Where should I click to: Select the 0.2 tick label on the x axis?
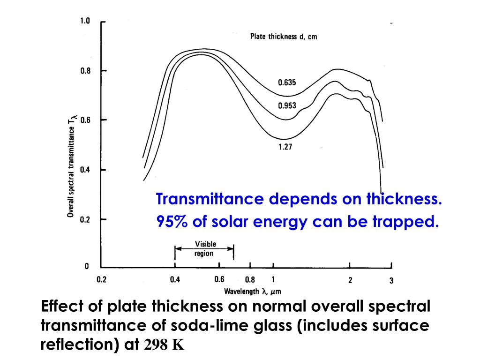[x=101, y=280]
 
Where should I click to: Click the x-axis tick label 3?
[x=391, y=281]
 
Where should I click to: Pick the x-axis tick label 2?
[x=350, y=280]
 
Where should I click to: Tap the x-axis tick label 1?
[x=273, y=280]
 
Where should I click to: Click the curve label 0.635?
[x=287, y=82]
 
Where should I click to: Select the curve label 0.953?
[x=287, y=105]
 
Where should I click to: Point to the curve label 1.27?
[x=285, y=146]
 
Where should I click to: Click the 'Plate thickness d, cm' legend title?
[x=283, y=37]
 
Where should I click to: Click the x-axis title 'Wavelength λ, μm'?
[x=252, y=292]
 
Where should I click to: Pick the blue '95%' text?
[x=172, y=222]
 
